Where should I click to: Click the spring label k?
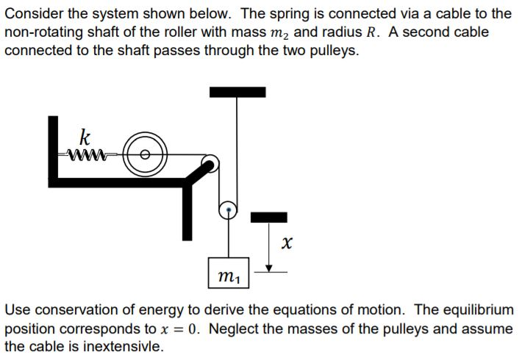pos(85,137)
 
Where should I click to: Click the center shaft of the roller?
pos(145,154)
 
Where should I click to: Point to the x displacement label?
pos(287,241)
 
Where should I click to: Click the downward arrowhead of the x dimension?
pos(269,268)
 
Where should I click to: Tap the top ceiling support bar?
pos(237,92)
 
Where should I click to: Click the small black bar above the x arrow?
pos(269,216)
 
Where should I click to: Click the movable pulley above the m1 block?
pos(229,212)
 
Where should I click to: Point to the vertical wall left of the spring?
pos(53,147)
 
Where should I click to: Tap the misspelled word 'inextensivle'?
pos(126,346)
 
